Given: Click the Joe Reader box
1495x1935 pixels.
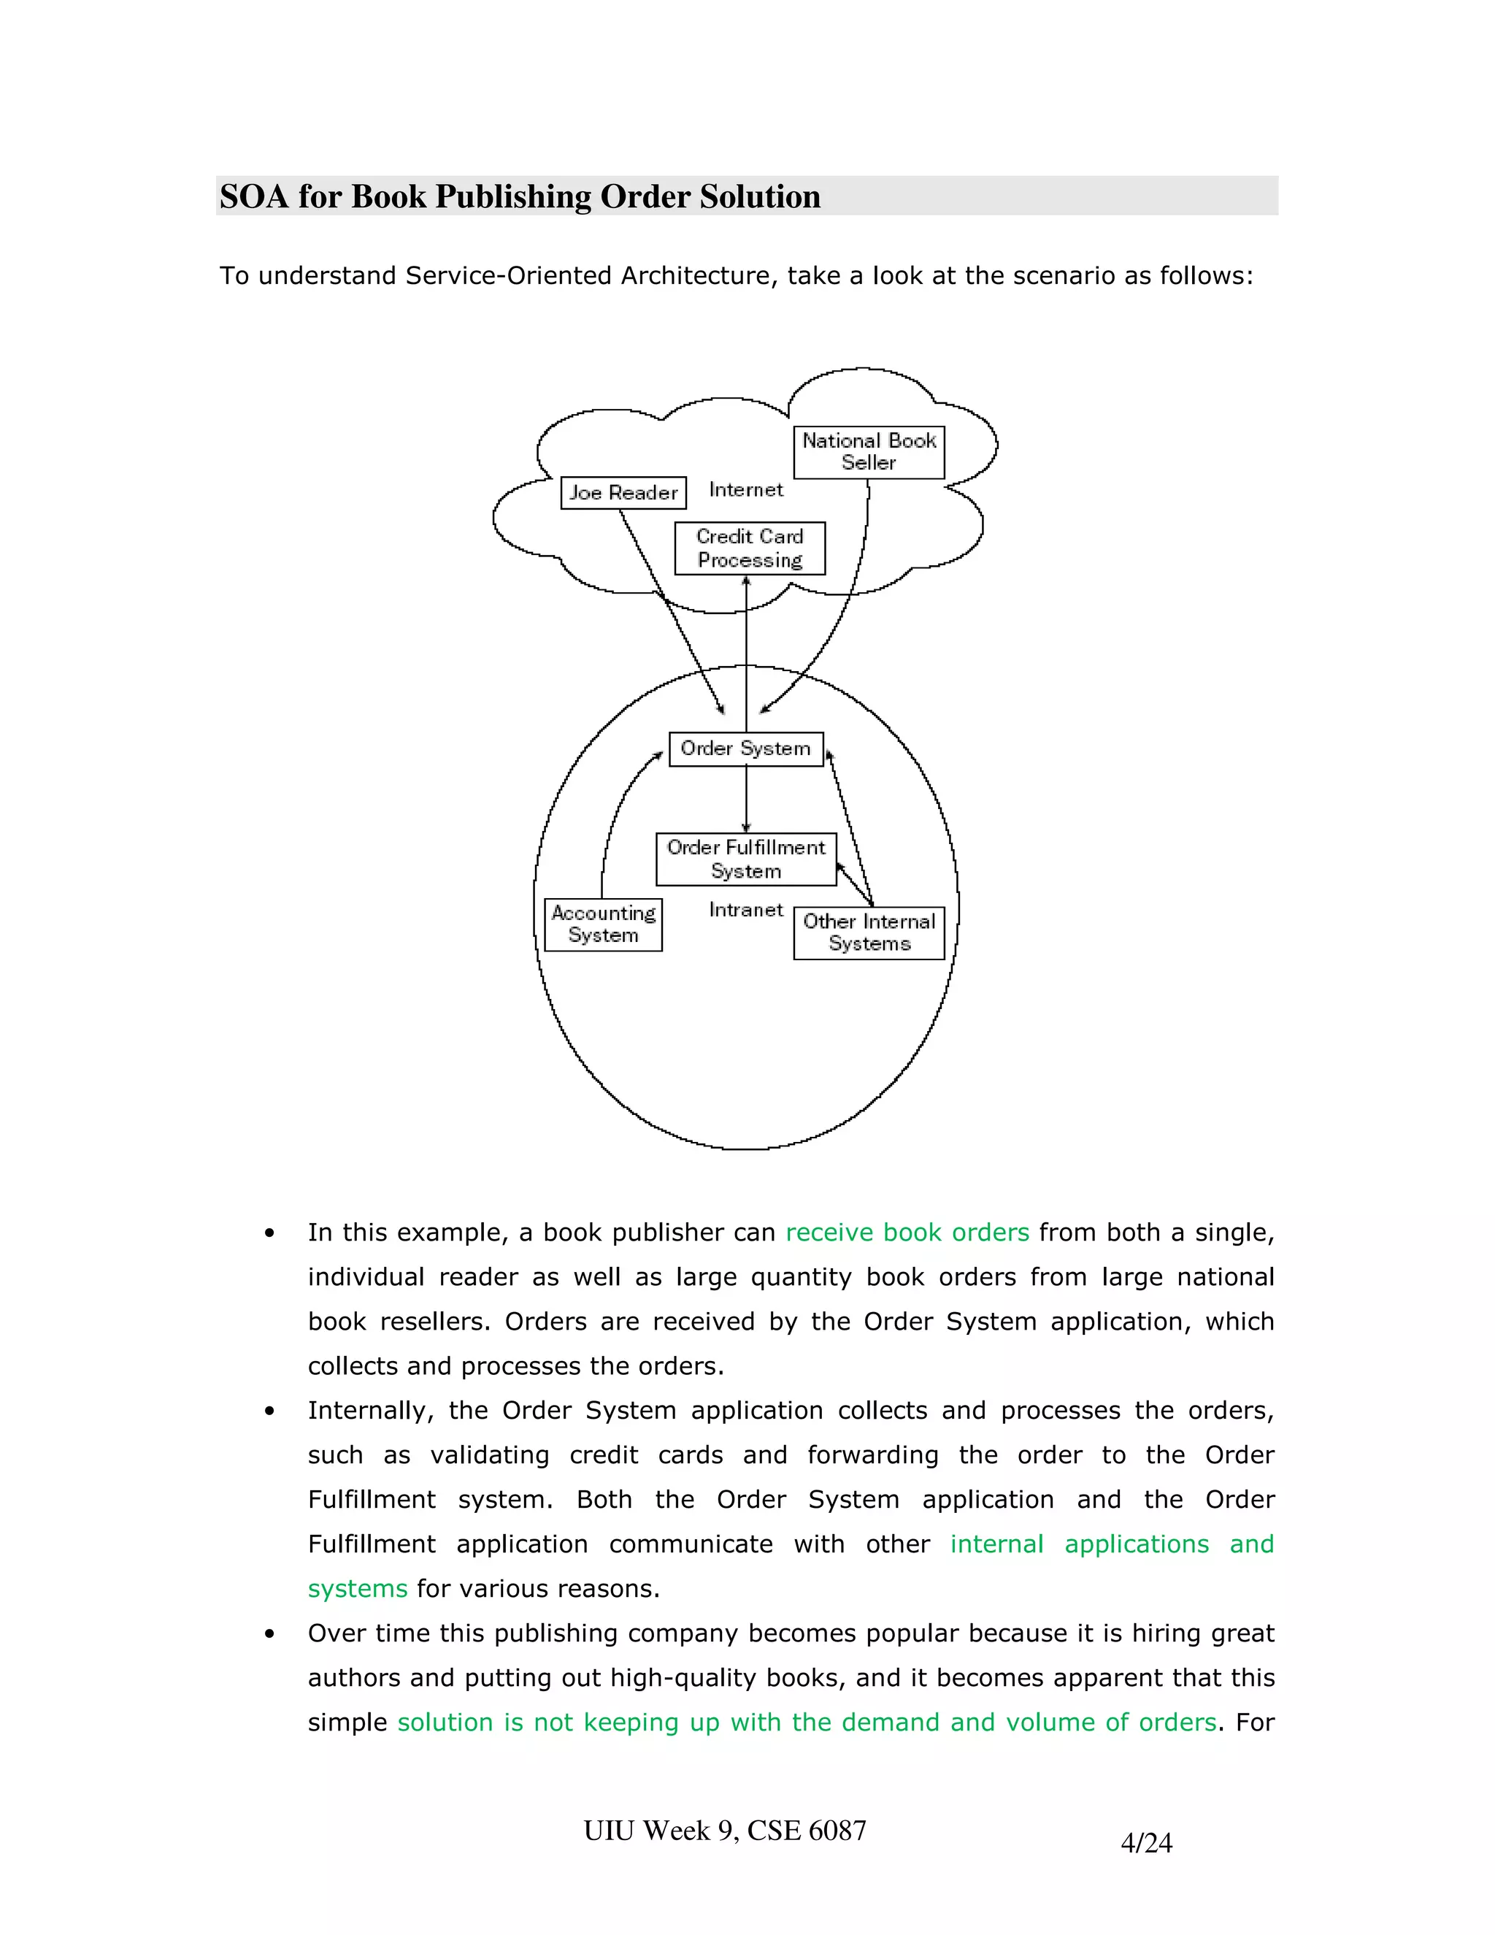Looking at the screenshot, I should (x=623, y=493).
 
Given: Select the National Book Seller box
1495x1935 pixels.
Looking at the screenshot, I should (x=869, y=452).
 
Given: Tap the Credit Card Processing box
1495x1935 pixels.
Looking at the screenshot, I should (x=749, y=548).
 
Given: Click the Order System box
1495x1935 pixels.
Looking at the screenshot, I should (x=746, y=748).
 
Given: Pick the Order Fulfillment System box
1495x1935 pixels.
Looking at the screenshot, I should (x=746, y=859).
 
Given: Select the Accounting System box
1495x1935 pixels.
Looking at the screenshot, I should (x=603, y=924).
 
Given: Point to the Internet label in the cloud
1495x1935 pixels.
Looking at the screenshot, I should (x=746, y=490).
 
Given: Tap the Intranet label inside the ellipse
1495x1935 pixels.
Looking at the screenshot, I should (x=746, y=910).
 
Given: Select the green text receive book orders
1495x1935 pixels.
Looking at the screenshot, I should (x=907, y=1233).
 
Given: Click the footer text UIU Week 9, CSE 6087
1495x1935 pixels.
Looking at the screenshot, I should (x=724, y=1831).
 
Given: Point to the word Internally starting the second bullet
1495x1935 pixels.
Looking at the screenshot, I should (x=370, y=1411).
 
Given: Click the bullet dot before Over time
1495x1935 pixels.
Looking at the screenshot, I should (x=269, y=1633).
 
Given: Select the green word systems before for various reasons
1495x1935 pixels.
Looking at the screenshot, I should (x=358, y=1589).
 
